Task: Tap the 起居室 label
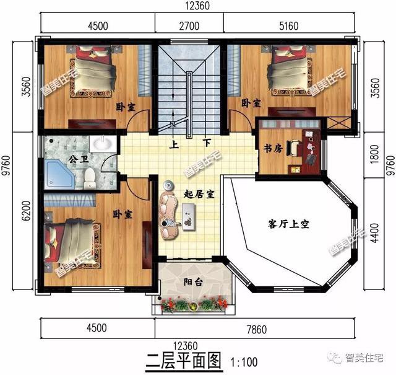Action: (x=199, y=194)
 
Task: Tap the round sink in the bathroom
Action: (x=100, y=144)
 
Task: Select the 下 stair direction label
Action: (x=206, y=141)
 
